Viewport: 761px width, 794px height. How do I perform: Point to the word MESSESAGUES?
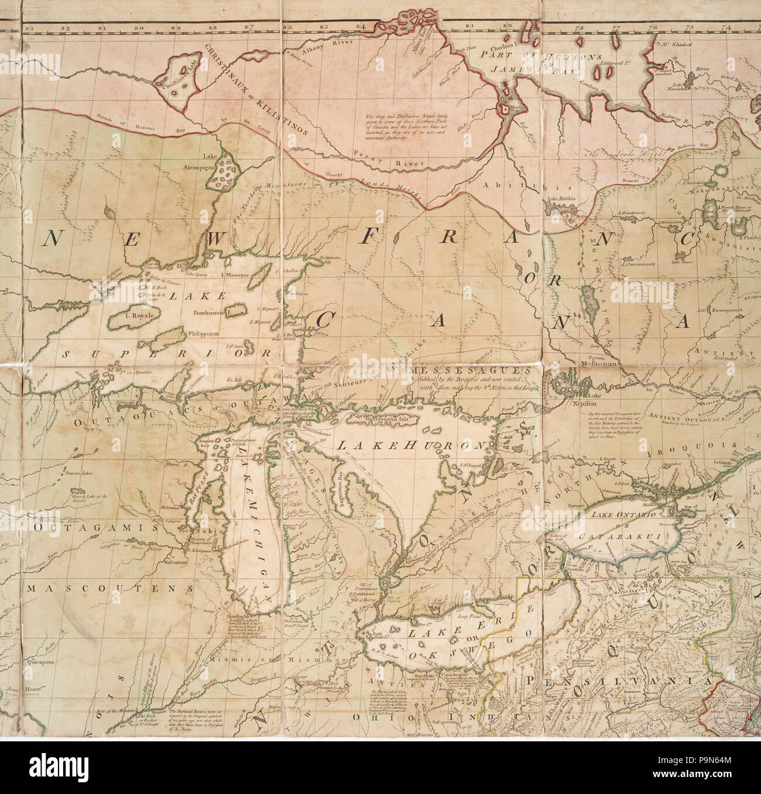pyautogui.click(x=454, y=371)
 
